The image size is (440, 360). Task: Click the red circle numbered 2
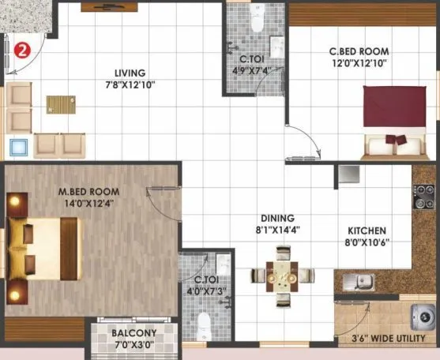(x=23, y=50)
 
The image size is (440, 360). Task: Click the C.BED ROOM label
(x=359, y=53)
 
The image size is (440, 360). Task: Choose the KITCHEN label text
(x=367, y=231)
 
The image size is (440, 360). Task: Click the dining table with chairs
(x=282, y=276)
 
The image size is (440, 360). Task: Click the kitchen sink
(x=365, y=280)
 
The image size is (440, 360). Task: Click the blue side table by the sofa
(x=17, y=146)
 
